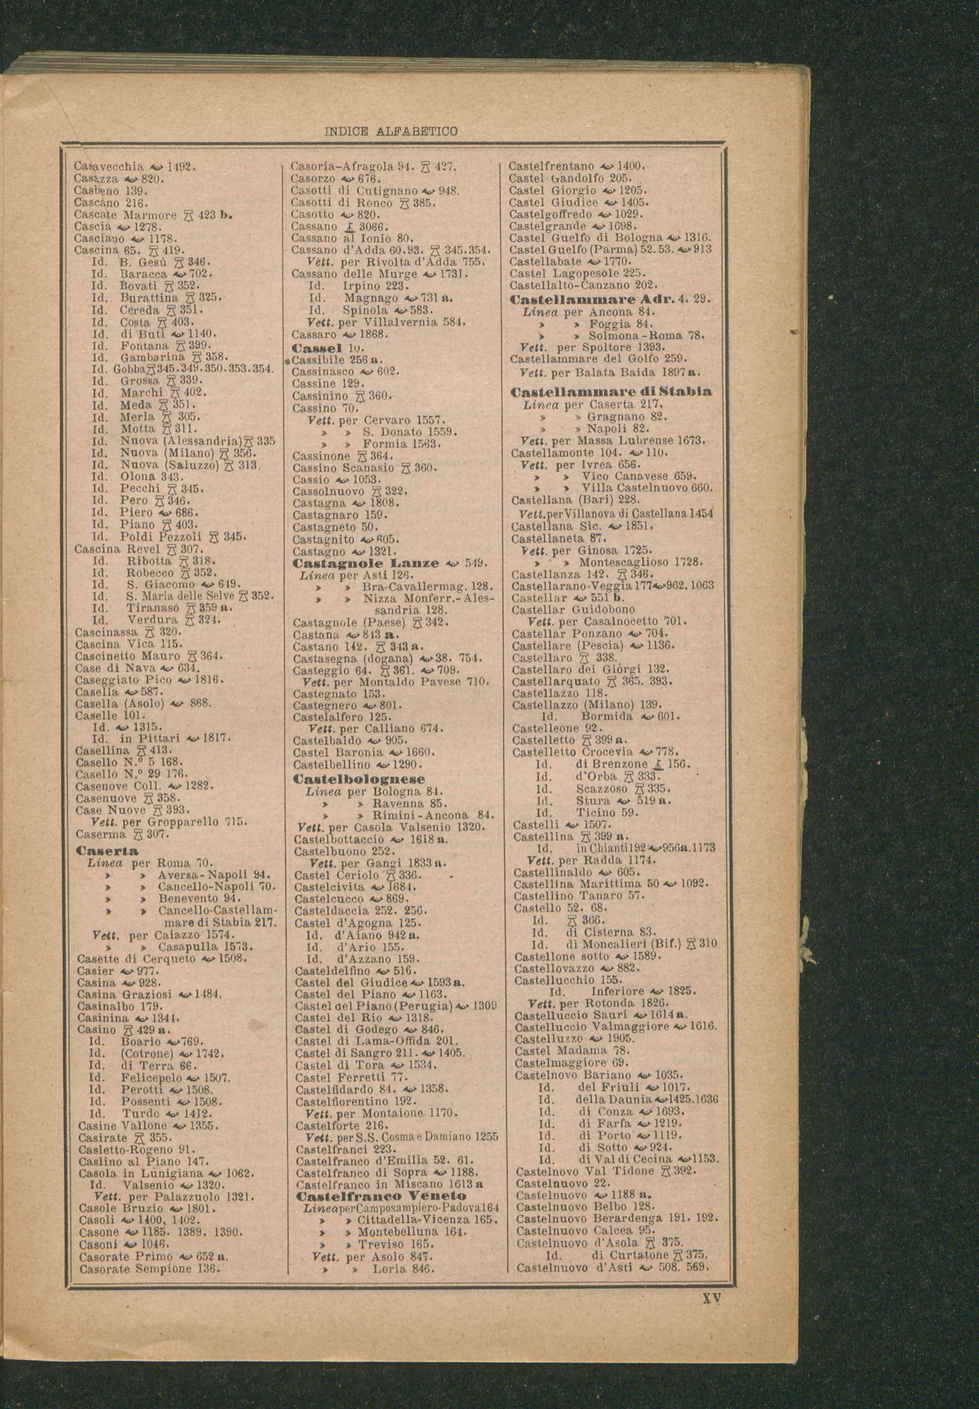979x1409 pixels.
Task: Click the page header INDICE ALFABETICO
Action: (390, 131)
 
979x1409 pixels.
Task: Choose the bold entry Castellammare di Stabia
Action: (611, 391)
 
